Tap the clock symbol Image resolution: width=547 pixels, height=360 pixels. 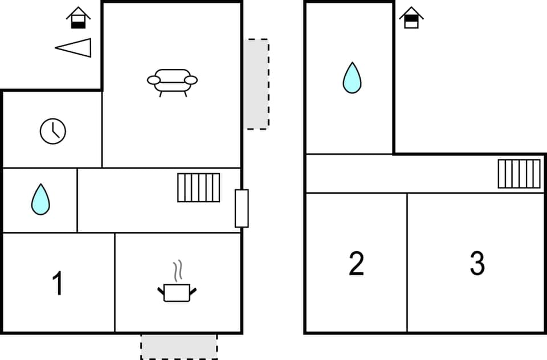[53, 132]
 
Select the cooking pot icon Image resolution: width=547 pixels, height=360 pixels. [177, 292]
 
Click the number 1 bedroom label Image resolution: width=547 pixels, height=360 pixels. [58, 284]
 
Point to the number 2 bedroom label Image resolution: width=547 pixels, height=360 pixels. [356, 264]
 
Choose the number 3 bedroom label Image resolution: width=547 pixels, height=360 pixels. [477, 264]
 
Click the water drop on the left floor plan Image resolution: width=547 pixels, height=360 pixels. [40, 199]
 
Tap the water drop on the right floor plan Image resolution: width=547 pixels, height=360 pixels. [352, 78]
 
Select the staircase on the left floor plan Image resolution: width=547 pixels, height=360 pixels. [198, 187]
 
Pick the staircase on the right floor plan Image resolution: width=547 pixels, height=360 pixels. [519, 174]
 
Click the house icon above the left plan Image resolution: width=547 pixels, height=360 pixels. [78, 18]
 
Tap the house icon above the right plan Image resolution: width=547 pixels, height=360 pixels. [411, 18]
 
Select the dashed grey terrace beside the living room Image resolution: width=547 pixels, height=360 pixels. [256, 84]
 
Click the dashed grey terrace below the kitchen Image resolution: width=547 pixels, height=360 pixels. [179, 346]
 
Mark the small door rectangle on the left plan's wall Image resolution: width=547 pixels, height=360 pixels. [242, 208]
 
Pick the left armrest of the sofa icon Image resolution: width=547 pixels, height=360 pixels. [154, 80]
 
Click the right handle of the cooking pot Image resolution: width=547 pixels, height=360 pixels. [193, 291]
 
